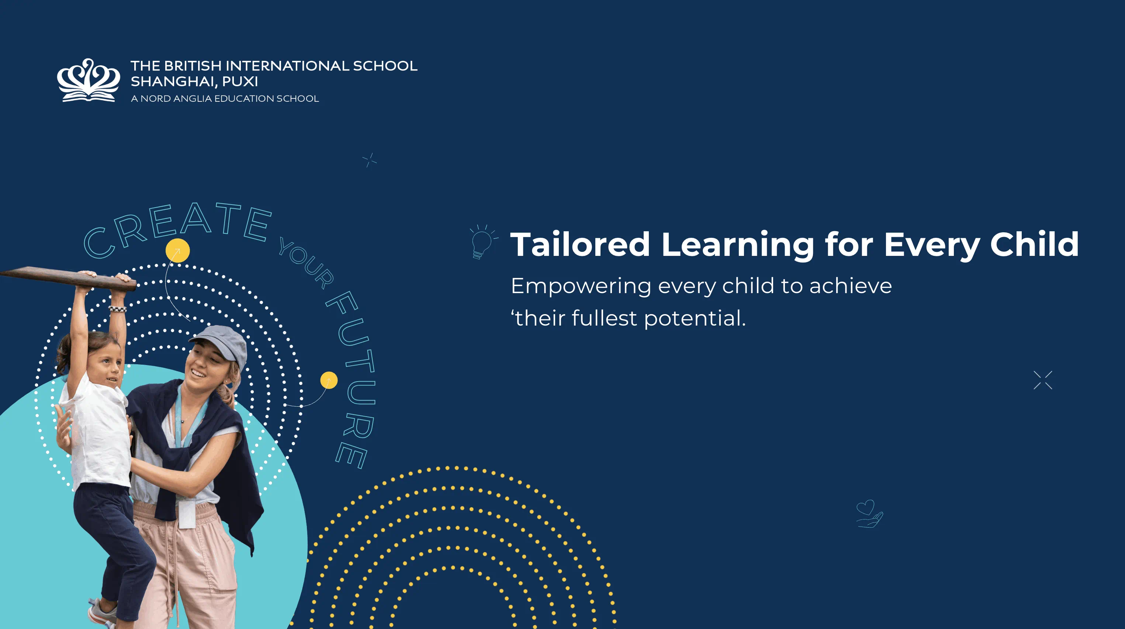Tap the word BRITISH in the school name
(193, 66)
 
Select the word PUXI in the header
(240, 81)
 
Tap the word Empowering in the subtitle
(581, 287)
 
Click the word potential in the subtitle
(695, 318)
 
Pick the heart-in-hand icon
(869, 514)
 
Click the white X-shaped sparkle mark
(1043, 380)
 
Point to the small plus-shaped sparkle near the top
(370, 160)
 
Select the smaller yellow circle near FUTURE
(329, 380)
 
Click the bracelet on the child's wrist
(117, 309)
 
